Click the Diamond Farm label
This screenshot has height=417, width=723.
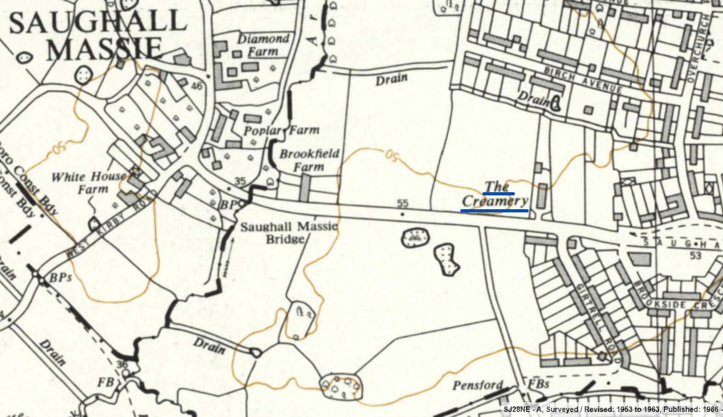pos(263,45)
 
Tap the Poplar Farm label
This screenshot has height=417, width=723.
pos(281,131)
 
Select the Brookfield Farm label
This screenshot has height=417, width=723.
pos(310,160)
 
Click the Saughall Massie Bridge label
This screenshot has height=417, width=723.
pos(288,232)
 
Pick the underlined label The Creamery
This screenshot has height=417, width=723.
pos(495,194)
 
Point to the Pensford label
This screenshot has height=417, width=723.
pos(478,384)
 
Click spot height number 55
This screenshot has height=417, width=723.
pos(402,203)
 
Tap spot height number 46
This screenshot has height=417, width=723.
pos(197,86)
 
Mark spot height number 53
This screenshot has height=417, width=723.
pos(695,255)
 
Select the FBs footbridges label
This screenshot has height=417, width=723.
pos(538,383)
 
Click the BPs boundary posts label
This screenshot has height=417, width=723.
pos(60,277)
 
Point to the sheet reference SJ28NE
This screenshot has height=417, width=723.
pos(517,409)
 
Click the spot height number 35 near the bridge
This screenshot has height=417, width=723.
pos(240,181)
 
